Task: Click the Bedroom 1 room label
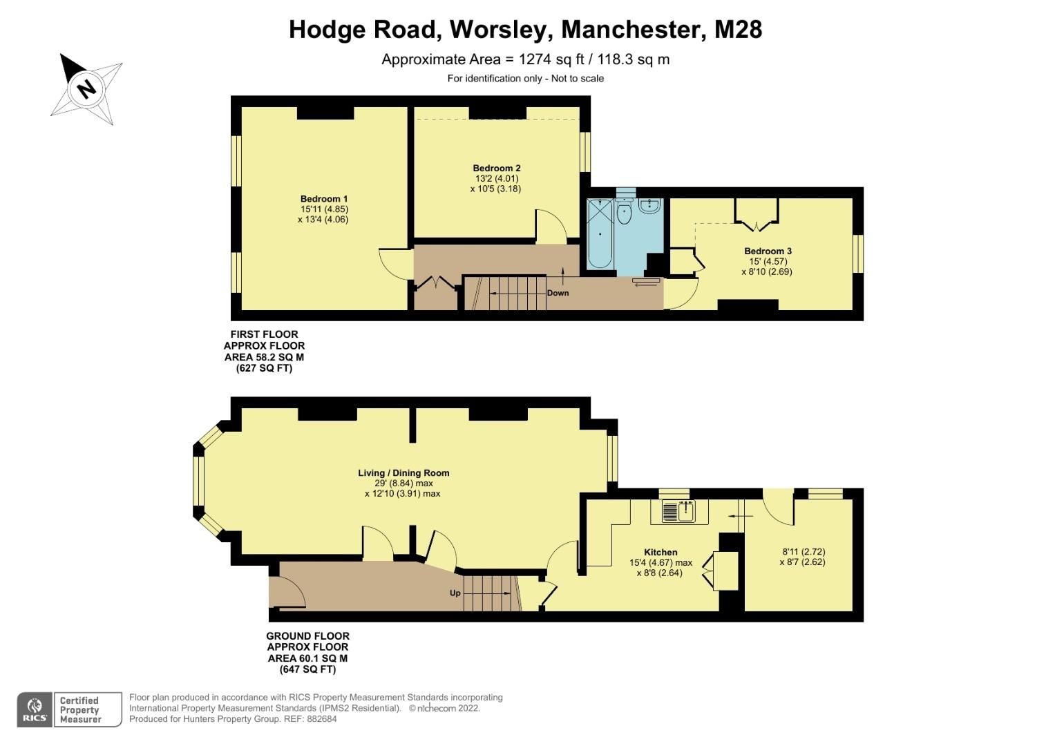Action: coord(323,200)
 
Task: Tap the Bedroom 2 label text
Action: coord(496,168)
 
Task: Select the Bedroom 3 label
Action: coord(768,251)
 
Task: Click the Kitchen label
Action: coord(660,552)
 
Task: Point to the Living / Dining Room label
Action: coord(403,473)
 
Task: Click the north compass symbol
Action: coord(86,89)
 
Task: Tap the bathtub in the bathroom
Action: coord(600,235)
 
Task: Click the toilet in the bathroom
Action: coord(624,212)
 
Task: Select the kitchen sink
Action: coord(679,512)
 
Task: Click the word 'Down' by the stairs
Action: coord(558,293)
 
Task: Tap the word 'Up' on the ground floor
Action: coord(455,593)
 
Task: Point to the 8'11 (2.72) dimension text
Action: coord(804,552)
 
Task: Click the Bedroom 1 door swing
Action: coord(394,263)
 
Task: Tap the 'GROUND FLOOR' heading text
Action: coord(307,636)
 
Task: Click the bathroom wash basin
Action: coord(649,205)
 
